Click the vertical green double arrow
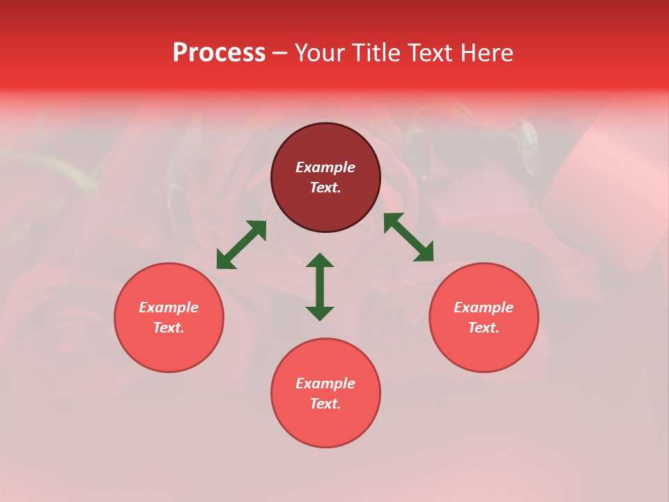[320, 287]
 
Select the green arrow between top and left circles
[241, 245]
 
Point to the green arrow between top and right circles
[408, 237]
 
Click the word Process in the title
[219, 53]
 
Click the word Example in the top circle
[325, 167]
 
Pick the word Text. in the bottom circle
[325, 404]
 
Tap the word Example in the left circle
[169, 307]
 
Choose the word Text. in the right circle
[484, 328]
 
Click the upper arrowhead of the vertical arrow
[320, 261]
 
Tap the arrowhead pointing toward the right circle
[425, 253]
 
